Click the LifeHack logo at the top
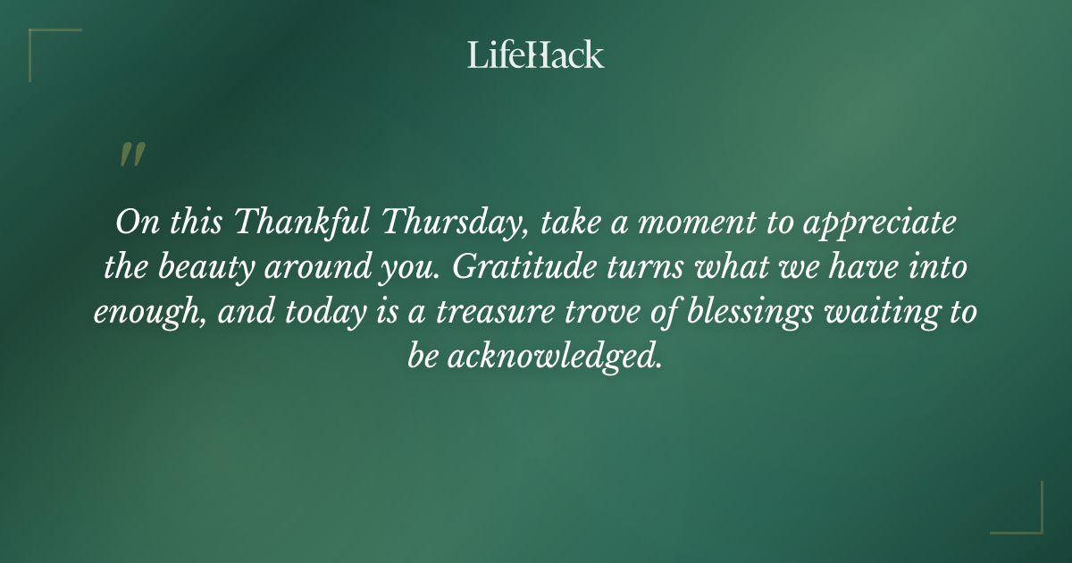[536, 55]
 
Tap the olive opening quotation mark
[131, 155]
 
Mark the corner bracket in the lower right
[1027, 518]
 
